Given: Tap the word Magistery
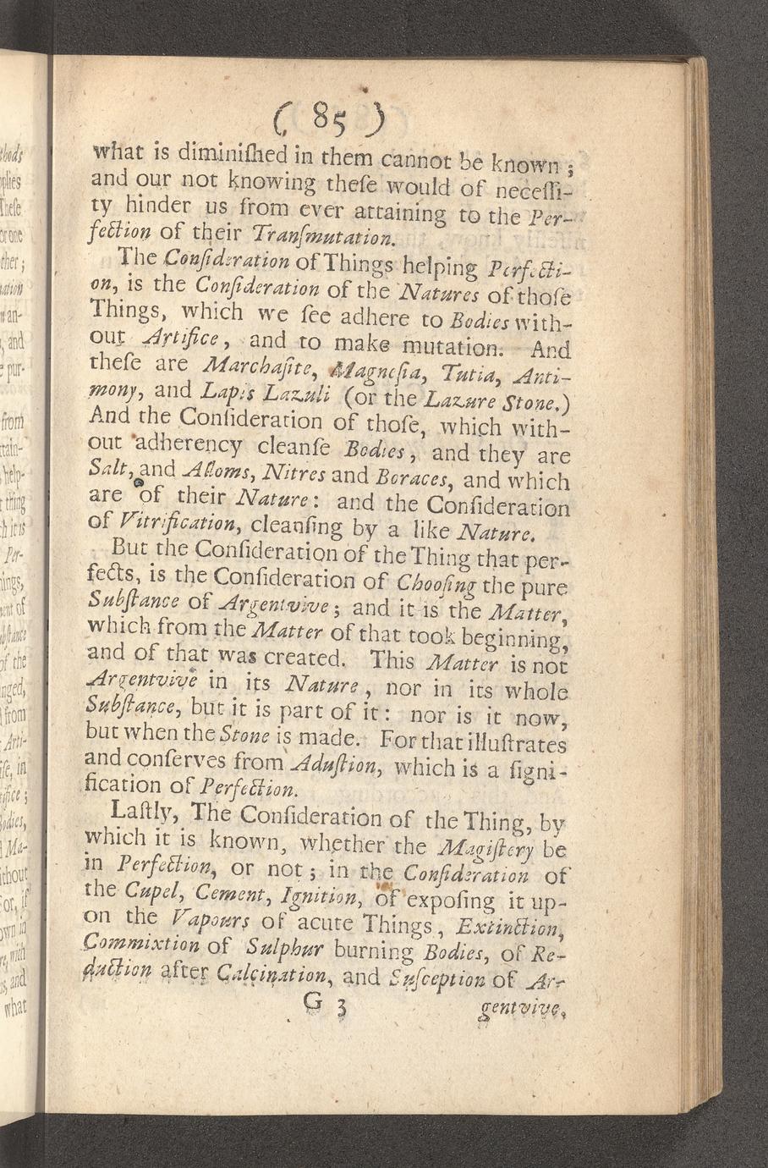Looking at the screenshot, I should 504,843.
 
